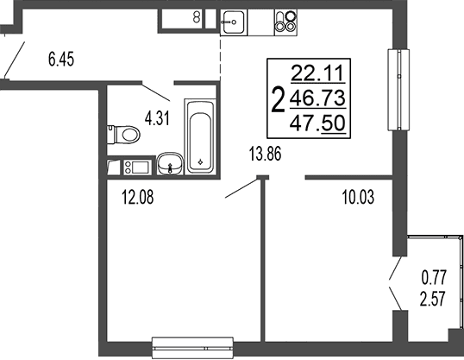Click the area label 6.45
pyautogui.click(x=61, y=59)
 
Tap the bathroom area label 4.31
pyautogui.click(x=157, y=119)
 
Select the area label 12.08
pyautogui.click(x=138, y=198)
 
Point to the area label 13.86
pyautogui.click(x=265, y=154)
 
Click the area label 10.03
pyautogui.click(x=358, y=198)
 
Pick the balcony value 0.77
pyautogui.click(x=434, y=278)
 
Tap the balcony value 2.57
pyautogui.click(x=433, y=299)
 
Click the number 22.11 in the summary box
pyautogui.click(x=318, y=73)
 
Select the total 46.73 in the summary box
pyautogui.click(x=318, y=98)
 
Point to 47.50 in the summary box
pyautogui.click(x=318, y=123)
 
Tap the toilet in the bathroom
pyautogui.click(x=123, y=135)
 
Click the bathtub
pyautogui.click(x=200, y=136)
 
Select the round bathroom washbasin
pyautogui.click(x=170, y=163)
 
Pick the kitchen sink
pyautogui.click(x=234, y=22)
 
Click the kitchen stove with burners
pyautogui.click(x=285, y=21)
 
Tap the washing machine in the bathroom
pyautogui.click(x=138, y=167)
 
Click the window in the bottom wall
pyautogui.click(x=192, y=348)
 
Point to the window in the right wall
pyautogui.click(x=398, y=90)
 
